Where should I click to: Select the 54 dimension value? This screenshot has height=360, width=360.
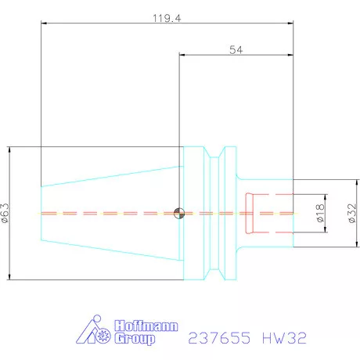coord(235,49)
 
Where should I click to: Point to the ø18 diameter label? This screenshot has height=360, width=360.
coord(321,213)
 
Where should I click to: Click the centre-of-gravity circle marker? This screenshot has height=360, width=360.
coord(179,212)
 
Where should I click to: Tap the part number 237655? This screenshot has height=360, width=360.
coord(221,339)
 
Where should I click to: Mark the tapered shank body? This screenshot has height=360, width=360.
coord(110,213)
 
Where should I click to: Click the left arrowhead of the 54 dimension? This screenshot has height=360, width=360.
coord(182,56)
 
